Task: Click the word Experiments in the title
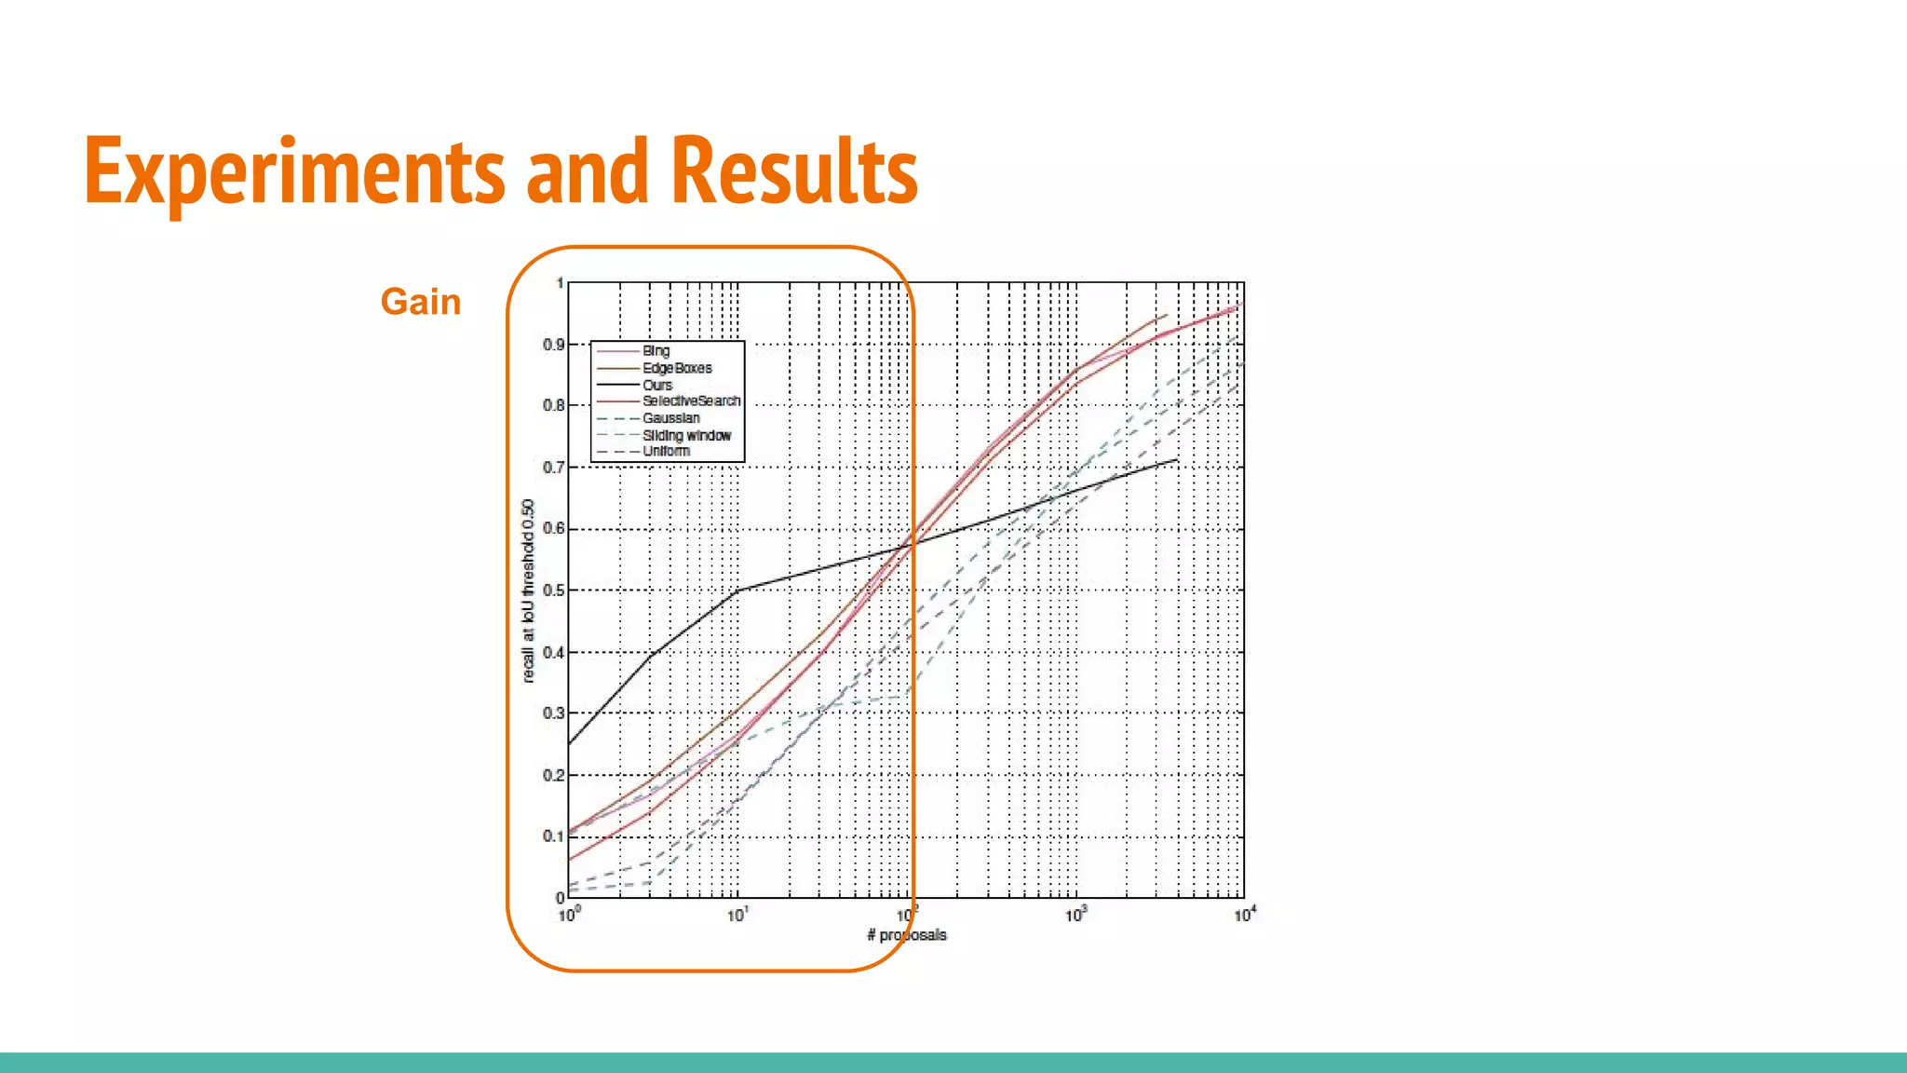[x=294, y=171]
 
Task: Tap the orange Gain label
[x=421, y=302]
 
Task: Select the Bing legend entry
[x=656, y=351]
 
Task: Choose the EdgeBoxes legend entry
[x=677, y=368]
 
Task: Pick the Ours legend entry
[x=657, y=385]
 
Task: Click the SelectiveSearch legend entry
[x=691, y=401]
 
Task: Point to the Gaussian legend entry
[x=670, y=418]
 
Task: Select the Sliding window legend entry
[x=686, y=435]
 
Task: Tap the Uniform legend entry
[x=666, y=451]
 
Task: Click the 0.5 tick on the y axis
[x=553, y=591]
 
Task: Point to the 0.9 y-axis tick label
[x=553, y=345]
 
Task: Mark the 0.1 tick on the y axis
[x=553, y=836]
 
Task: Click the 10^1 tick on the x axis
[x=737, y=915]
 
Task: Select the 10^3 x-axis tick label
[x=1075, y=915]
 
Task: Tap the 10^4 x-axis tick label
[x=1245, y=915]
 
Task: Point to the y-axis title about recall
[x=528, y=591]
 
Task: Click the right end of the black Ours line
[x=1177, y=459]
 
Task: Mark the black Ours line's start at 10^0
[x=570, y=743]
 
